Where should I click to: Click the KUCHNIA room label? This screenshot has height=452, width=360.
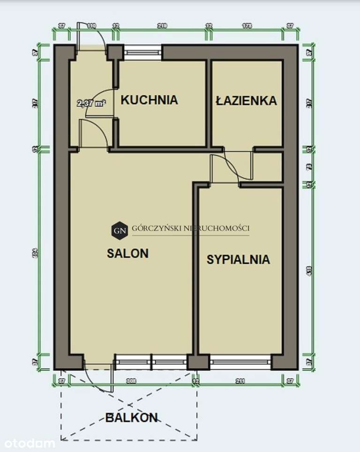[149, 100]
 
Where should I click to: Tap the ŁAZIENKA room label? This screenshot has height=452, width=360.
[246, 100]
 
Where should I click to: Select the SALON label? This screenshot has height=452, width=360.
[127, 253]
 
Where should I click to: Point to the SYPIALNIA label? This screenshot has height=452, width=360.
[238, 259]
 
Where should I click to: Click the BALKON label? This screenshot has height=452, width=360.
[131, 418]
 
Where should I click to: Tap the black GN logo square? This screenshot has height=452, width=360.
[119, 230]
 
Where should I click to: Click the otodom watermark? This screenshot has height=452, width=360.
[30, 443]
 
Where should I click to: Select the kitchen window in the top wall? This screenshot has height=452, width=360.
[142, 52]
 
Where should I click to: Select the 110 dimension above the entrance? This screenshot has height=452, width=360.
[91, 26]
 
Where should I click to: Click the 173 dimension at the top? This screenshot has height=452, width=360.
[247, 26]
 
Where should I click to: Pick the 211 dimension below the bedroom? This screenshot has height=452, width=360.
[240, 381]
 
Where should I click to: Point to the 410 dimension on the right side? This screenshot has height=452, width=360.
[308, 270]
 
